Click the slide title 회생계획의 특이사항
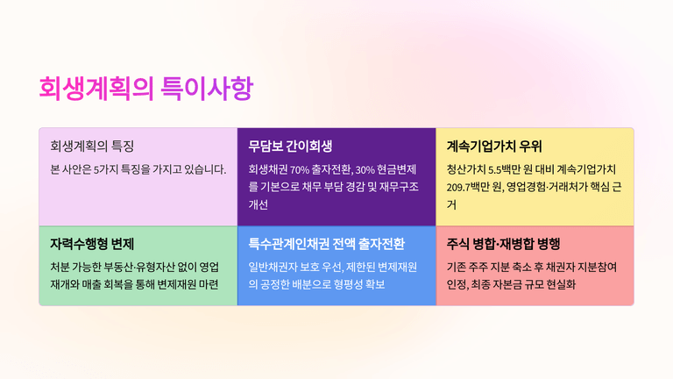tap(146, 88)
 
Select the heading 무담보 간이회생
tap(290, 147)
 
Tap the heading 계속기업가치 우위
tap(494, 147)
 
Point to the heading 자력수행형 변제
tap(92, 244)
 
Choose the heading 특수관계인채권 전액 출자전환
tap(327, 244)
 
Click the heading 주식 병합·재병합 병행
tap(504, 244)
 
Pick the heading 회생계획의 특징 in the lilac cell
tap(92, 147)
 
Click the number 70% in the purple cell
tap(300, 169)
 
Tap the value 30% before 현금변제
tap(365, 169)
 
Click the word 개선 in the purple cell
tap(258, 204)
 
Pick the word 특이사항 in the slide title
tap(207, 88)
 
